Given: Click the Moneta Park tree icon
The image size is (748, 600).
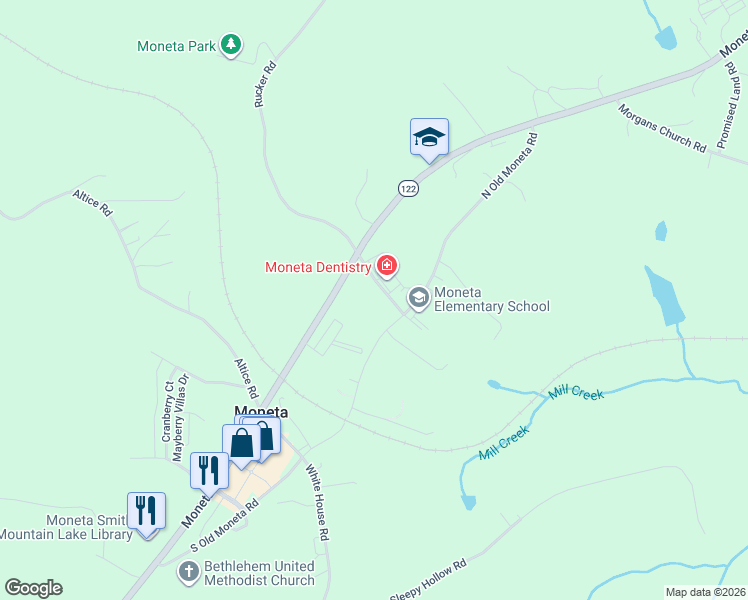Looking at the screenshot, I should tap(231, 45).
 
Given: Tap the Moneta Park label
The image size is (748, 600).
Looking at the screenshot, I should tap(177, 46).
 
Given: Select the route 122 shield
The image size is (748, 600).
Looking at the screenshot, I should tap(407, 188).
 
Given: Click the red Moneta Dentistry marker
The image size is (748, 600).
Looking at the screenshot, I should tap(387, 266).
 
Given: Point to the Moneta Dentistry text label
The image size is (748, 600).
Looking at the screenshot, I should tap(318, 267).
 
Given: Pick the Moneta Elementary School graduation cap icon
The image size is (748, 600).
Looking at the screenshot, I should tap(418, 296).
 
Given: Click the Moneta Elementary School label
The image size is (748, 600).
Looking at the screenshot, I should tap(491, 299).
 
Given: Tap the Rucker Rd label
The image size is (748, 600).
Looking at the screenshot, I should tap(264, 85).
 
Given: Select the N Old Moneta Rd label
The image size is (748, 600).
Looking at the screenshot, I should tap(510, 166).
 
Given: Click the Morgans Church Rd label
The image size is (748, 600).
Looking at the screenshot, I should tap(661, 128).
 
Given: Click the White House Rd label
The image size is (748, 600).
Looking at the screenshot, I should tap(317, 503).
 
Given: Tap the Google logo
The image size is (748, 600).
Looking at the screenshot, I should tap(33, 588).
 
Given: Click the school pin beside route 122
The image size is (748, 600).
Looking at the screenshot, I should tap(429, 137).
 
